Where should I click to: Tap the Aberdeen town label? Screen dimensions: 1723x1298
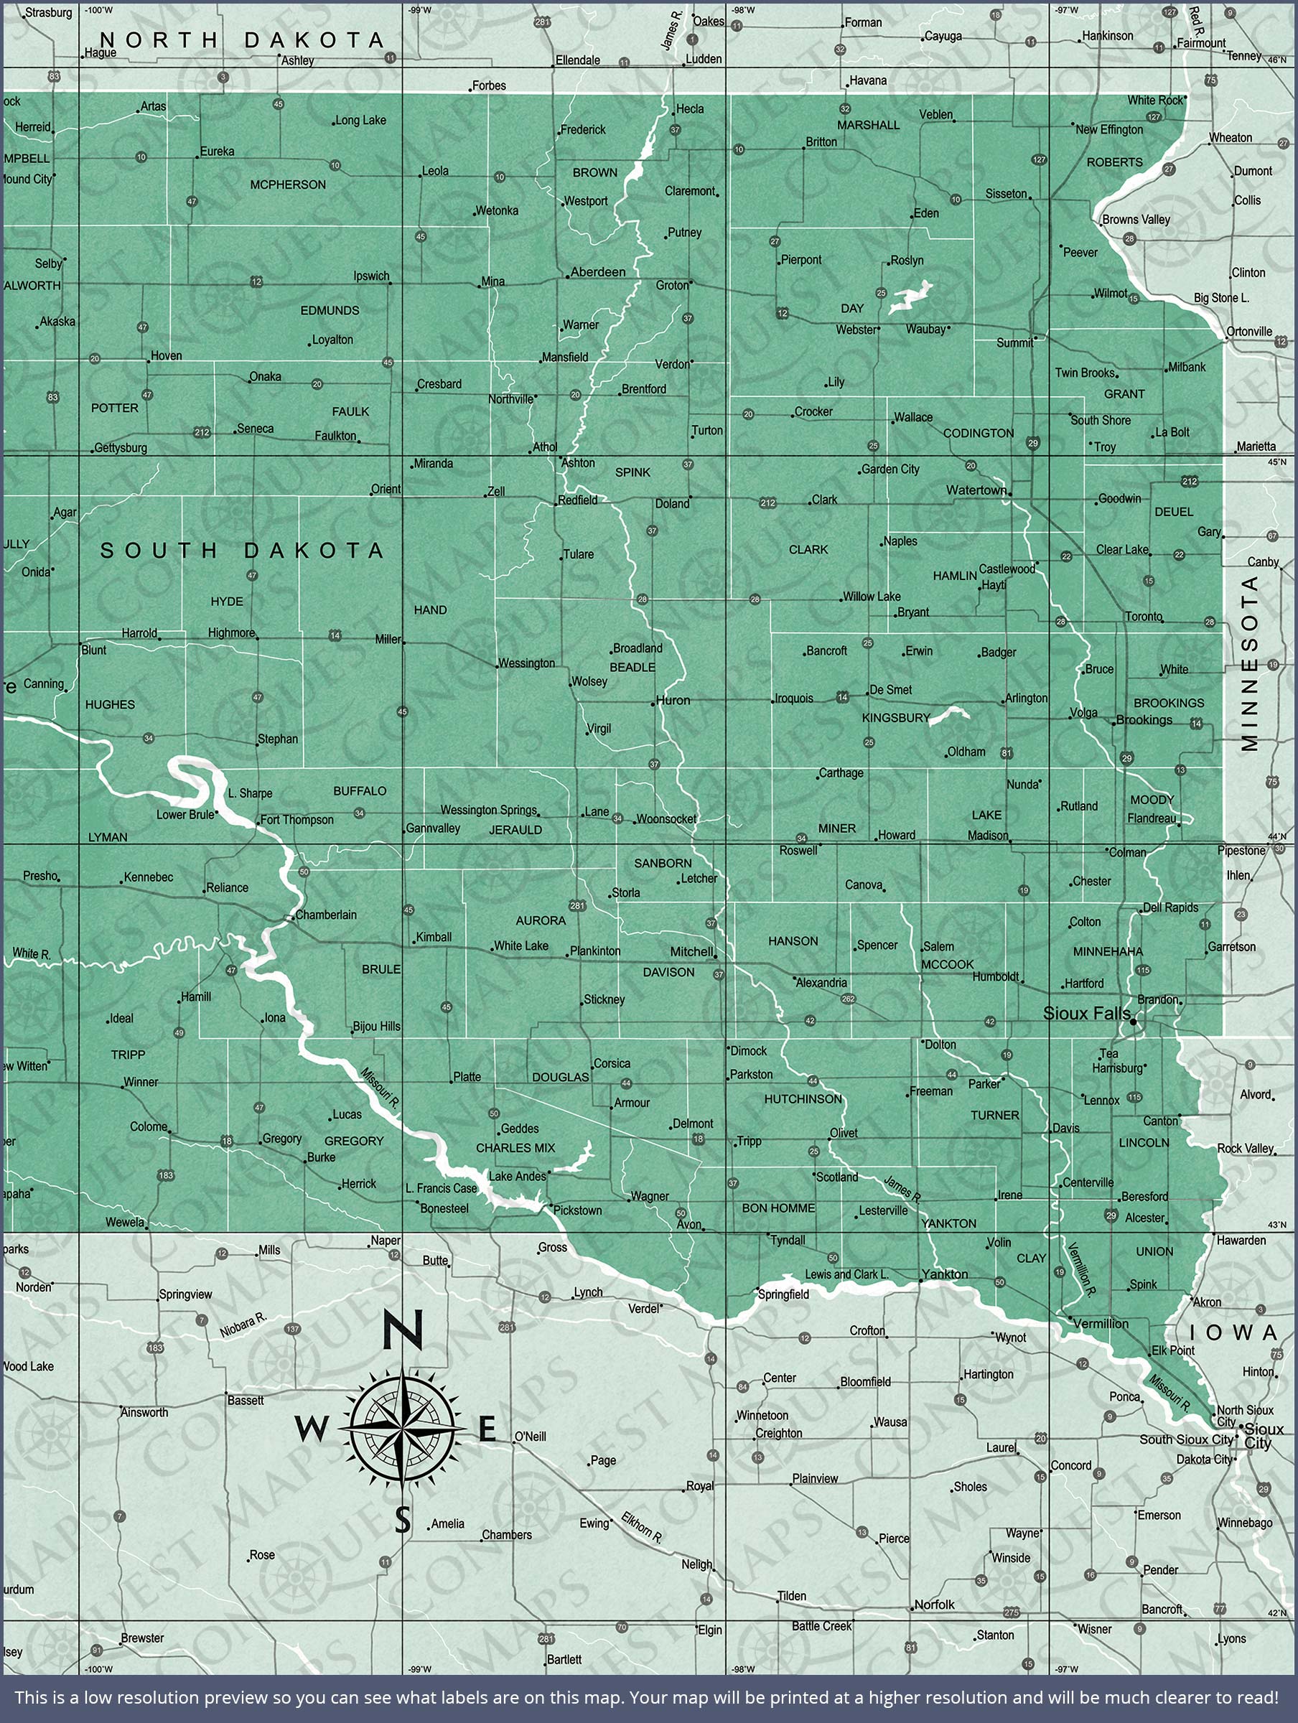597,272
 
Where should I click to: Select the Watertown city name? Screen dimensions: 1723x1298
976,490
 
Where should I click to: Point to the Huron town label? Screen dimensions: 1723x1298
673,700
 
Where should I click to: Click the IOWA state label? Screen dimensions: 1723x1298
1243,1332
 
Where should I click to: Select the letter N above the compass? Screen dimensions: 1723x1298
403,1330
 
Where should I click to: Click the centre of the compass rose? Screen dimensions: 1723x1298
401,1430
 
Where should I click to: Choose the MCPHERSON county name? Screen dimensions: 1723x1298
287,185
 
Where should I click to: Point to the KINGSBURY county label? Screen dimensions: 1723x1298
896,717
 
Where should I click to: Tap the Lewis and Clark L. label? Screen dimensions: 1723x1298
847,1274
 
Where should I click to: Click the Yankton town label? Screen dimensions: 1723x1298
944,1274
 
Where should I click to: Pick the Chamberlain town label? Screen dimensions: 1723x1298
326,915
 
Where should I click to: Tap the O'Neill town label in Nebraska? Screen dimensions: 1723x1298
530,1437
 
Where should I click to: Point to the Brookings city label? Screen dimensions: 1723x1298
1144,720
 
